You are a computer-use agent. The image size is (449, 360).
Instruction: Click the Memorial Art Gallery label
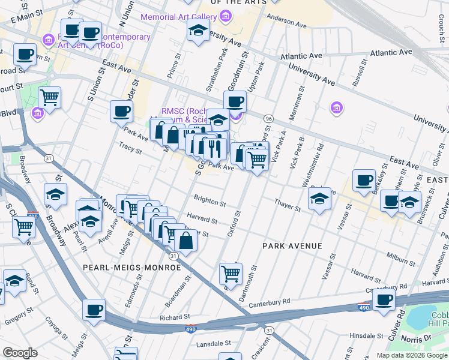tap(178, 16)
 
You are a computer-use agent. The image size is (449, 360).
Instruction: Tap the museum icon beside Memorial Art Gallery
tap(225, 16)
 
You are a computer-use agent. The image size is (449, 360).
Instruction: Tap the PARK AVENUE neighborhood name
tap(292, 246)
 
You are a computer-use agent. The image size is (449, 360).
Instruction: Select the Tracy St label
tap(129, 146)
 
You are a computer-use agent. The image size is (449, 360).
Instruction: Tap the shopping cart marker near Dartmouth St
tap(231, 274)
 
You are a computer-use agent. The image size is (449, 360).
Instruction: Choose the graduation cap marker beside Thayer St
tap(319, 199)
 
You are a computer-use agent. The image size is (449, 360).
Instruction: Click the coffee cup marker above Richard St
tap(94, 310)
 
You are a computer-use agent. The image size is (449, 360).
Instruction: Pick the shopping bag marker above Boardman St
tap(186, 241)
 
